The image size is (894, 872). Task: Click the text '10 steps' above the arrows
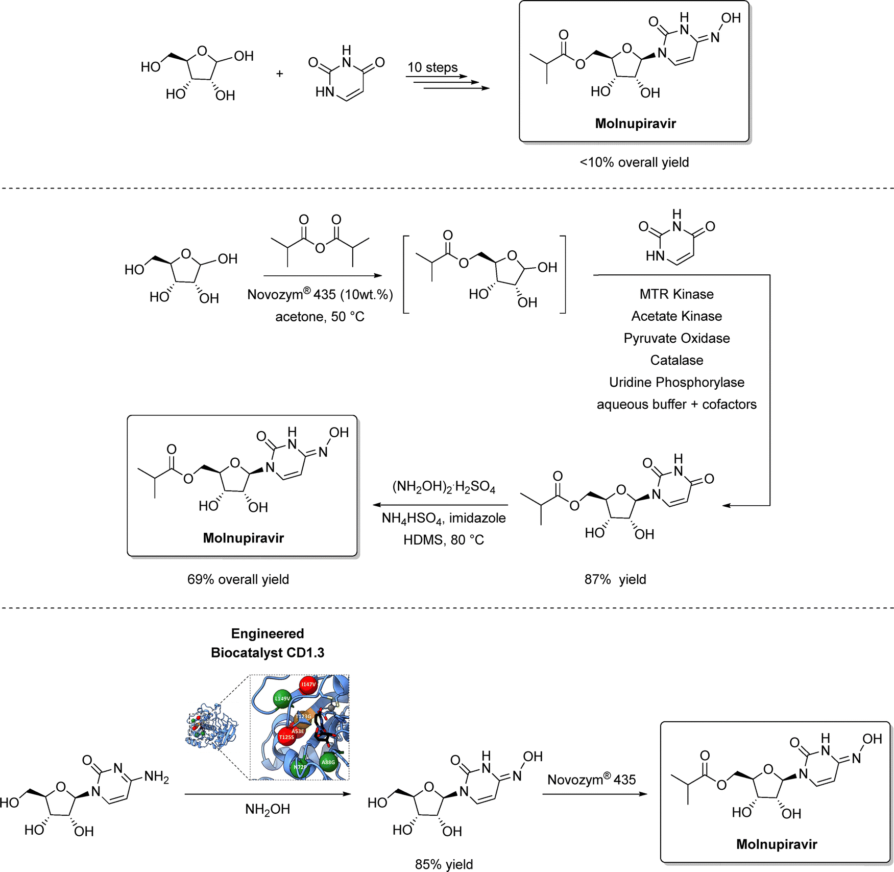(432, 67)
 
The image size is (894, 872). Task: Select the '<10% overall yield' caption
(634, 162)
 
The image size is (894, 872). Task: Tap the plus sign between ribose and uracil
(280, 74)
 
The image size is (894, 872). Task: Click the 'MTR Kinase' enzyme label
(676, 294)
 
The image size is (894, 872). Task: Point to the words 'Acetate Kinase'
(676, 316)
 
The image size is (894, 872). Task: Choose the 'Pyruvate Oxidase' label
(676, 338)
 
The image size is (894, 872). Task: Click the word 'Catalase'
(676, 360)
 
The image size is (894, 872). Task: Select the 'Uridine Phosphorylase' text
(676, 382)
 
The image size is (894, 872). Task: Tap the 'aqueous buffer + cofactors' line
(676, 404)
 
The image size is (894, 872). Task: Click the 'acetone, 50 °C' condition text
(320, 317)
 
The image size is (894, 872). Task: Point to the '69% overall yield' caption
(238, 579)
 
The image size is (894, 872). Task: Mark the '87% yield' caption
(615, 579)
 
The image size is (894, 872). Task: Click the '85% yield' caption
(444, 864)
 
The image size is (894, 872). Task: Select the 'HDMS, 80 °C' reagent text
(443, 540)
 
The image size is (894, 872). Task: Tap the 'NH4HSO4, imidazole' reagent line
(443, 518)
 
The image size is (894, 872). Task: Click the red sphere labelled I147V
(308, 685)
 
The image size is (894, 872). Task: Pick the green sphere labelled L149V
(282, 698)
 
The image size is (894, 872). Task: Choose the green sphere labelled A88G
(328, 762)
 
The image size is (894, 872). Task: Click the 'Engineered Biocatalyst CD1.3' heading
(268, 643)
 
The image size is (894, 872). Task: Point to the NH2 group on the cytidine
(156, 777)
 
